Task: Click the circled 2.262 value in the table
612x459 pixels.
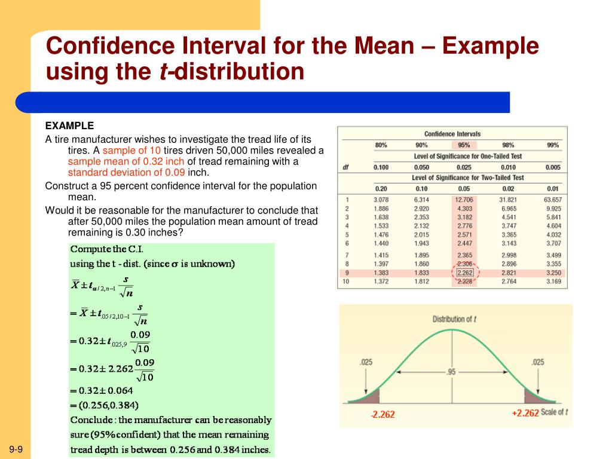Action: point(464,273)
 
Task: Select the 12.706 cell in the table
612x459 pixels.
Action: point(464,200)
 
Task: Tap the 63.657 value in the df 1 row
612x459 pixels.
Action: point(552,200)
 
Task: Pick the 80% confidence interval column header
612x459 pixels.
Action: point(381,145)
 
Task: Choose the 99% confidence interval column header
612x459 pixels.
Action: point(553,145)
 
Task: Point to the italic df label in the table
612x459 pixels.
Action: point(345,167)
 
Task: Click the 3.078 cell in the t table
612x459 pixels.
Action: point(381,200)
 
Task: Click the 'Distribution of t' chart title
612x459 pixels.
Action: point(454,319)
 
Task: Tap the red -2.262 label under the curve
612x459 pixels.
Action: point(382,414)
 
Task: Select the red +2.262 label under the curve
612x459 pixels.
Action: point(525,413)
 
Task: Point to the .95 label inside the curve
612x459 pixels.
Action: point(451,372)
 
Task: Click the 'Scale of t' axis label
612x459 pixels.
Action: point(554,412)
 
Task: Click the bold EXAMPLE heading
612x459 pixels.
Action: point(70,126)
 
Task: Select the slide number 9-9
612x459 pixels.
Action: point(16,449)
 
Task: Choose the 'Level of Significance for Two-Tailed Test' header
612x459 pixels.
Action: point(468,178)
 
